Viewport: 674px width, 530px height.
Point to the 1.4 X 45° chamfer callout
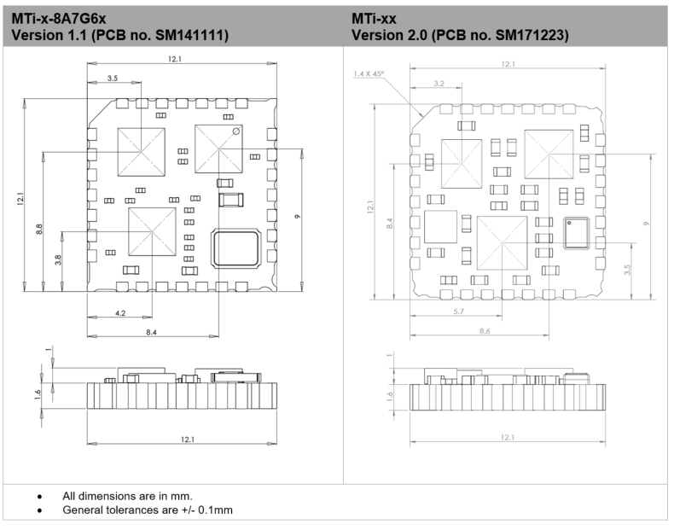pos(369,74)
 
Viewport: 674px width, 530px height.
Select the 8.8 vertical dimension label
pos(41,230)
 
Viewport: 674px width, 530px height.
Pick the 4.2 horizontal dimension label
pos(120,313)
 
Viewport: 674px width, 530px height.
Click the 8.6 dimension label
pos(485,329)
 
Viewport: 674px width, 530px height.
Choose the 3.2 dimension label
pos(439,84)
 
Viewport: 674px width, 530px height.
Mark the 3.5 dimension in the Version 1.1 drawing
pos(113,79)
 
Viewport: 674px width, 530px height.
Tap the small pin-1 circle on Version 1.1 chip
pos(235,131)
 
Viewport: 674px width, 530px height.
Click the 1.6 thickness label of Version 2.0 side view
pos(390,396)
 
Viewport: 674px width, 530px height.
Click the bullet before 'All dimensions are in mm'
pos(39,496)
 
